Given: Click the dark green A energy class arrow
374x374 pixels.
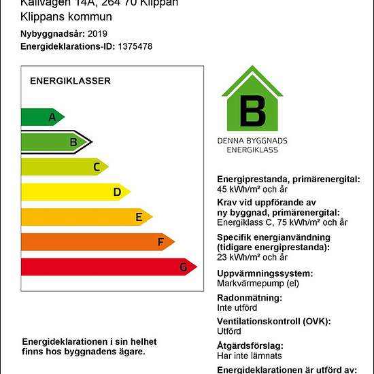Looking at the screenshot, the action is click(x=42, y=117).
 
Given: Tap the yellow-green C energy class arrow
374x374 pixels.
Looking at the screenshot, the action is click(x=64, y=167).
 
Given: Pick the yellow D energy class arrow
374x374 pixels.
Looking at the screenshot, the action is click(x=75, y=192).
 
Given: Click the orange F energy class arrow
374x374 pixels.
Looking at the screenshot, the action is click(x=97, y=241).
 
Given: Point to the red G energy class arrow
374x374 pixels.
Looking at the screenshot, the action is click(x=108, y=267).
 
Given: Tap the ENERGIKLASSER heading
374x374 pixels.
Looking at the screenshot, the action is click(x=70, y=81).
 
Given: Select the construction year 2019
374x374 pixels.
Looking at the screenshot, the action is click(x=97, y=33).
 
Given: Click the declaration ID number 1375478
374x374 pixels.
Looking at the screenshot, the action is click(x=135, y=46).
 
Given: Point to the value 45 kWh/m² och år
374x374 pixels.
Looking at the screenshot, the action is click(x=253, y=189).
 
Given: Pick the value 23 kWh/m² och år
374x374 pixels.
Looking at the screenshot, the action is click(x=252, y=257).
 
